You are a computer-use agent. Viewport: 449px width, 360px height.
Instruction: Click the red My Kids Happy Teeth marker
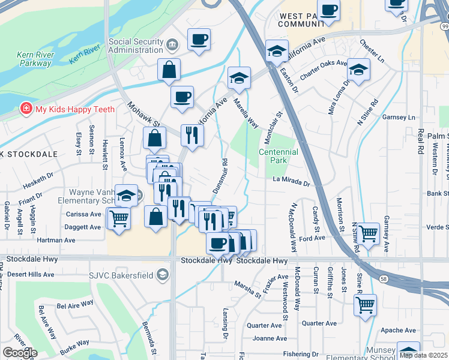pos(26,109)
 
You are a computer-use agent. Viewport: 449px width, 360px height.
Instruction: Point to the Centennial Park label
pos(278,156)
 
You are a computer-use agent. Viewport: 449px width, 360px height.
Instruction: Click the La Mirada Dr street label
pos(291,179)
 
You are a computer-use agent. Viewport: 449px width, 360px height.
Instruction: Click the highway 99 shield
pos(443,26)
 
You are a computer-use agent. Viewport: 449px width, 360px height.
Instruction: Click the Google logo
pos(20,353)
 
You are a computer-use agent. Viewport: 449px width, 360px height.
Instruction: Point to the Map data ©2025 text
pos(423,355)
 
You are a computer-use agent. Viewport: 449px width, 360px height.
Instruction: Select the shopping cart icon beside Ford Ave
pos(367,232)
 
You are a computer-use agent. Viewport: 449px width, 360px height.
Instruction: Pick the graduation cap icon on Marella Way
pos(239,77)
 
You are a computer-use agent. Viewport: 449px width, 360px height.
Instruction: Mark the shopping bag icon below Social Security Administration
pos(169,70)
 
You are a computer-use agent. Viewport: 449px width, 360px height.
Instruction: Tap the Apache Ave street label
pos(398,330)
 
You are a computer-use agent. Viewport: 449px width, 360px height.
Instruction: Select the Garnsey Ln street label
pos(402,118)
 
